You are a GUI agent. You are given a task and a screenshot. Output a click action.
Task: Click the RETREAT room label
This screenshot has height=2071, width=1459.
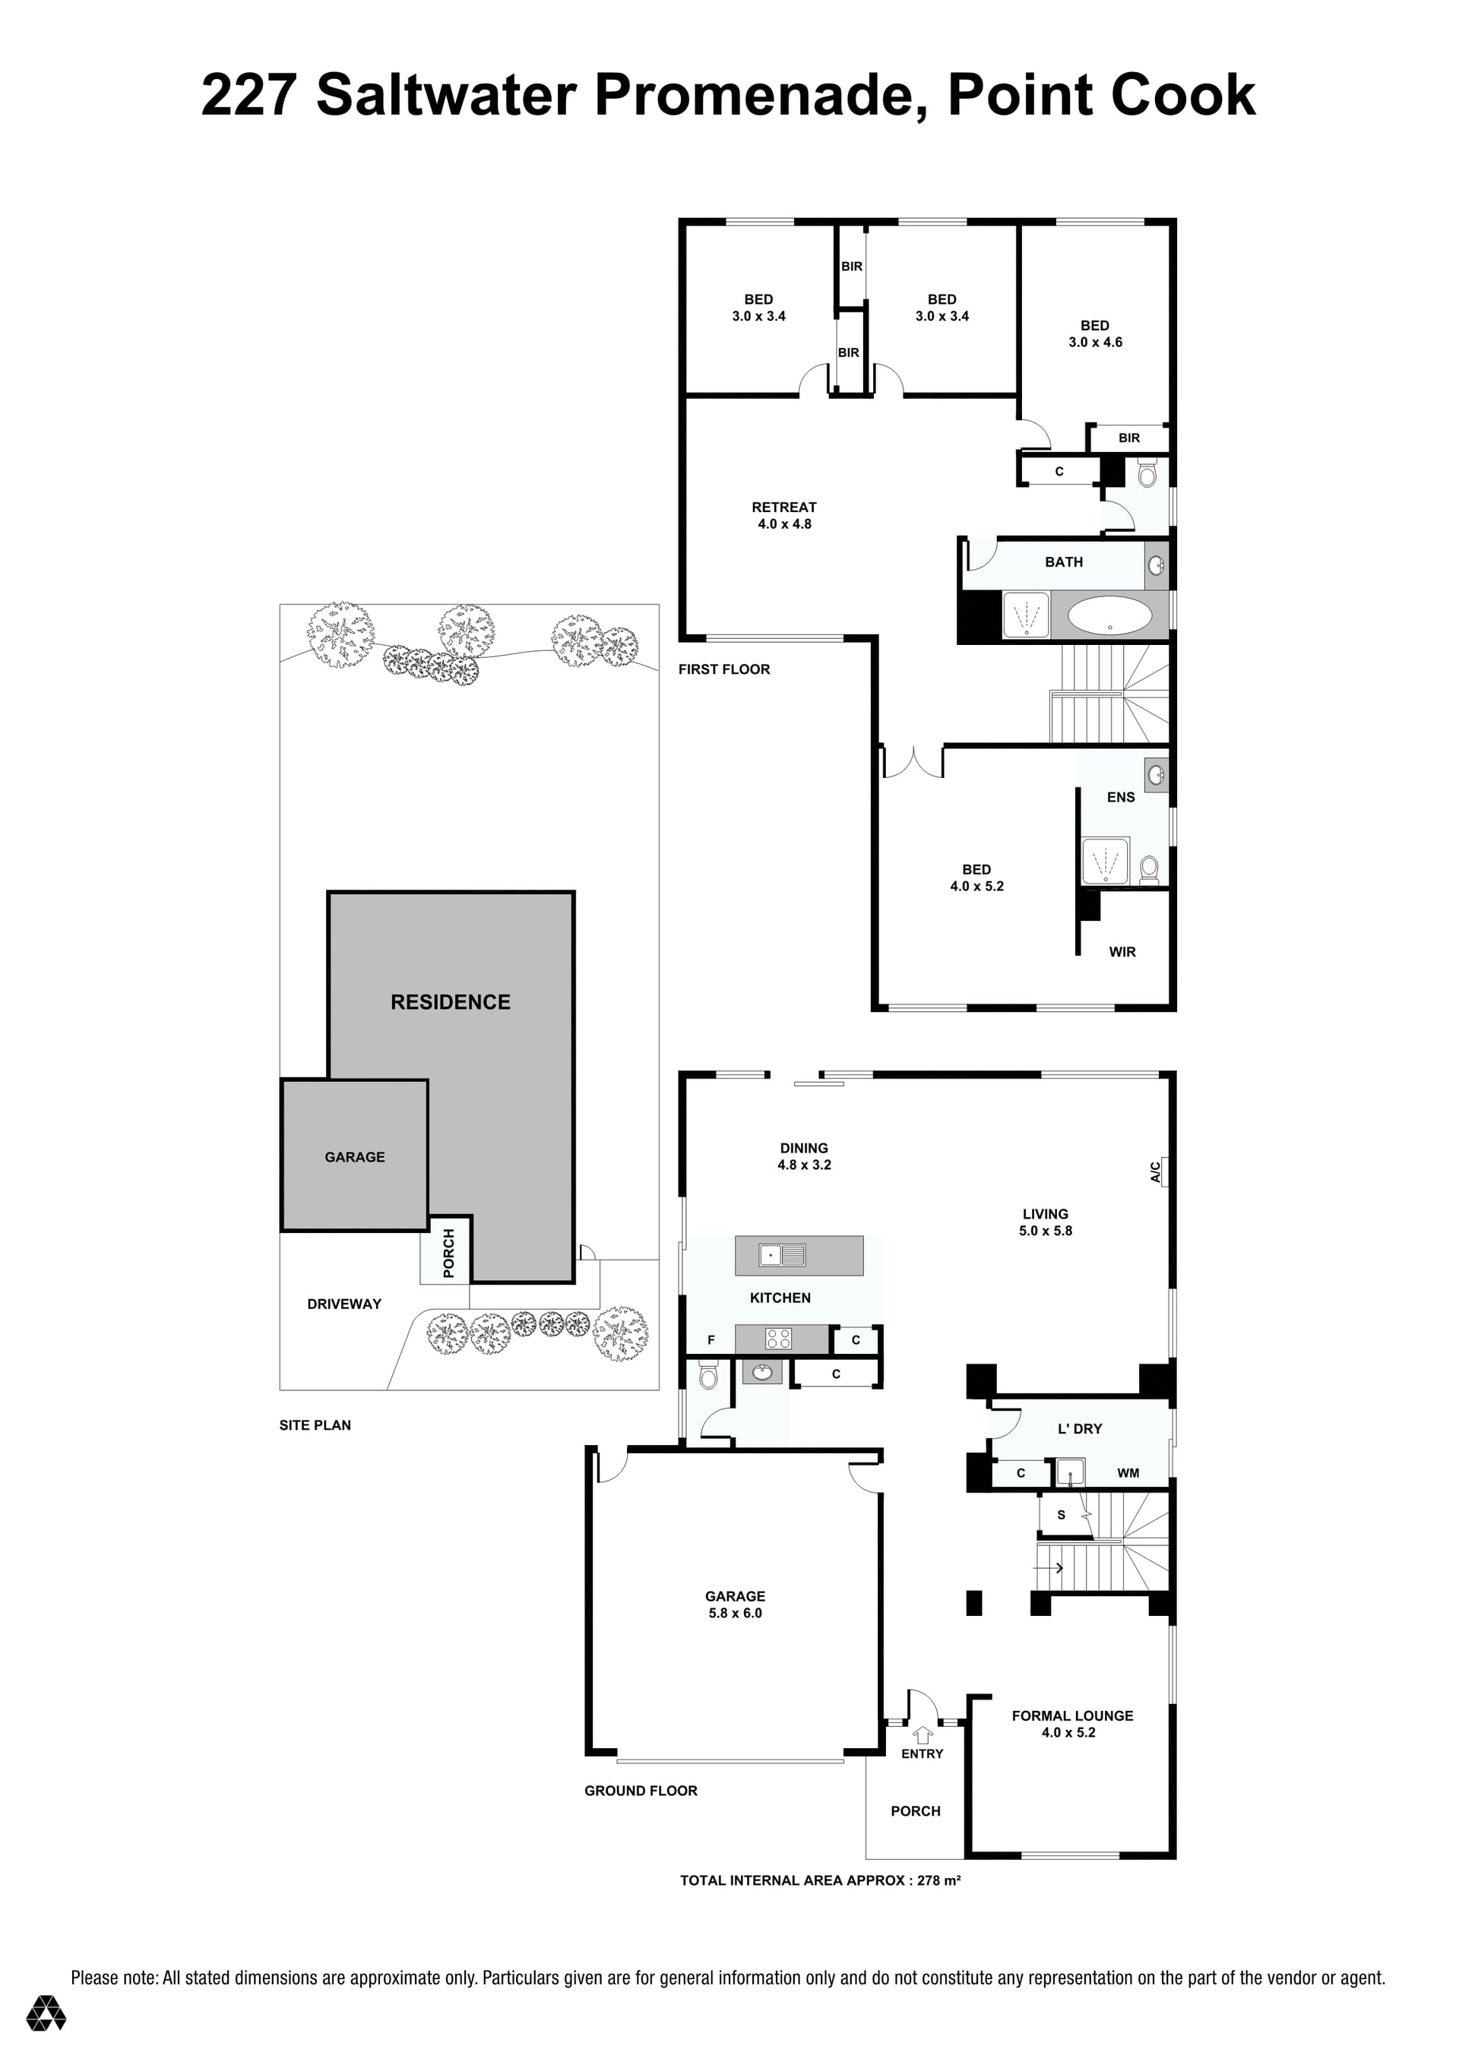point(784,507)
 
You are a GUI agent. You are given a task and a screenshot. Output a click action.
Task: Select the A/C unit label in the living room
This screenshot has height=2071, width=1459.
point(1156,1171)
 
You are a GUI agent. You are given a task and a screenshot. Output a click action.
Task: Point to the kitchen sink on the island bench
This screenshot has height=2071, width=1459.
point(781,1255)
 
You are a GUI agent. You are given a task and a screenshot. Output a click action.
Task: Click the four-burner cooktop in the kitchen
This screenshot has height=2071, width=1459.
point(779,1339)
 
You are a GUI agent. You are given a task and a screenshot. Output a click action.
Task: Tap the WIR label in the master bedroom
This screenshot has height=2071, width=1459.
point(1122,952)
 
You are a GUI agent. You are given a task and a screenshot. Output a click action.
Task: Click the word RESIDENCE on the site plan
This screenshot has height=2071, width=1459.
point(451,1002)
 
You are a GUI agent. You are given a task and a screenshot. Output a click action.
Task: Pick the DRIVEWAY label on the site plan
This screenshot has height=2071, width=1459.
point(343,1304)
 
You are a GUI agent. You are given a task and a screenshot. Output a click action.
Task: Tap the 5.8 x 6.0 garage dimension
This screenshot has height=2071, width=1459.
point(736,1613)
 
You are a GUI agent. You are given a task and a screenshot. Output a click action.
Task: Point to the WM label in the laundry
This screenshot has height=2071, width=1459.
point(1128,1473)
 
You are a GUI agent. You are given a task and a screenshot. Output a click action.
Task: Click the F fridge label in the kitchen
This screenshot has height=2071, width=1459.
point(711,1340)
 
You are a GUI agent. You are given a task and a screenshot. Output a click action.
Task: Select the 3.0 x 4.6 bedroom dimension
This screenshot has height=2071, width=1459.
point(1095,342)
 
